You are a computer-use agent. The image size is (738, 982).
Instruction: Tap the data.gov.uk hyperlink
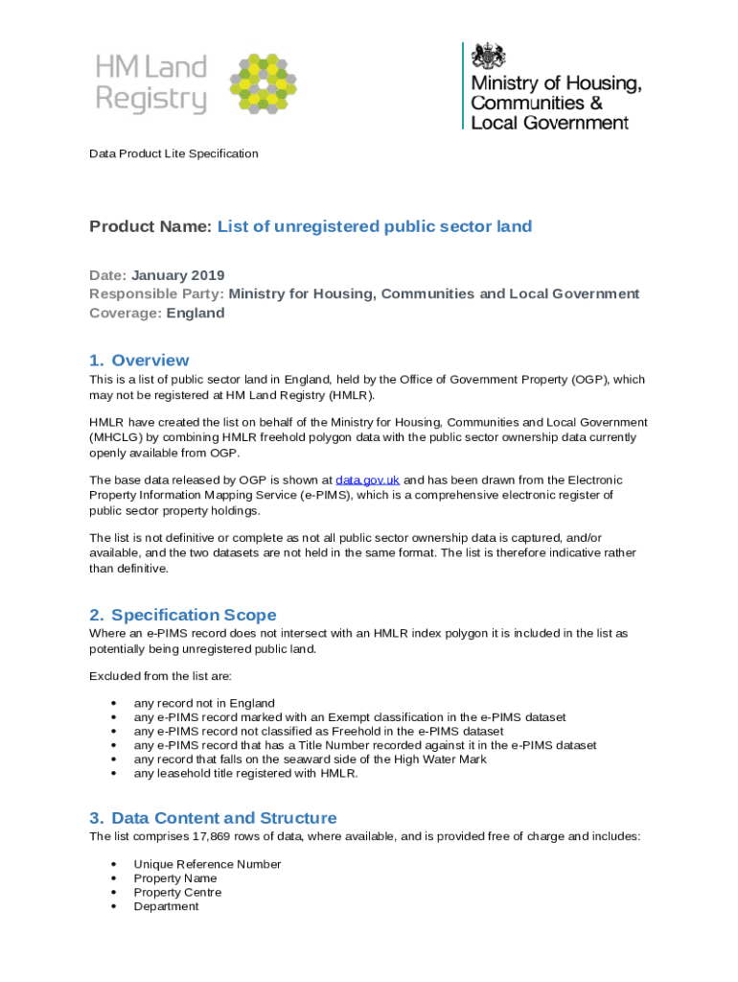click(367, 479)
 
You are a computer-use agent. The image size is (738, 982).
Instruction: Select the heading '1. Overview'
click(139, 361)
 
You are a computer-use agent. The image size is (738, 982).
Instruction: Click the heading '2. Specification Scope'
click(182, 615)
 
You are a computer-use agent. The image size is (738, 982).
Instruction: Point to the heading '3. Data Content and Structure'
click(213, 818)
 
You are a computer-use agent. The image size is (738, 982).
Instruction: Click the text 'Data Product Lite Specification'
click(173, 153)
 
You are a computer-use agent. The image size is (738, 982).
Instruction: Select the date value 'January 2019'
click(177, 275)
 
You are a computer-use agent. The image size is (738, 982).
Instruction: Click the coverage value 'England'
click(196, 313)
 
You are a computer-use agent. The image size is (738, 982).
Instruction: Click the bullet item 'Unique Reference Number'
click(207, 864)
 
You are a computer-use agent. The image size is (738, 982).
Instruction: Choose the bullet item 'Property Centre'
click(177, 892)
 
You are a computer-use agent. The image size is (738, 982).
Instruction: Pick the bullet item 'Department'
click(166, 906)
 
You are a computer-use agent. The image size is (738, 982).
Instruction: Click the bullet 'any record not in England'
click(204, 703)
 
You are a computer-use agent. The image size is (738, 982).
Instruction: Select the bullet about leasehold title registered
click(245, 773)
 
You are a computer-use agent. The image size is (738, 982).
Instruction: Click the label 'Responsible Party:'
click(156, 293)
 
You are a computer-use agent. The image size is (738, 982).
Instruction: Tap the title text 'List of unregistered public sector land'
click(374, 226)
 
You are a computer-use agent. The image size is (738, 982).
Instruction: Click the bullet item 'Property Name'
click(175, 878)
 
